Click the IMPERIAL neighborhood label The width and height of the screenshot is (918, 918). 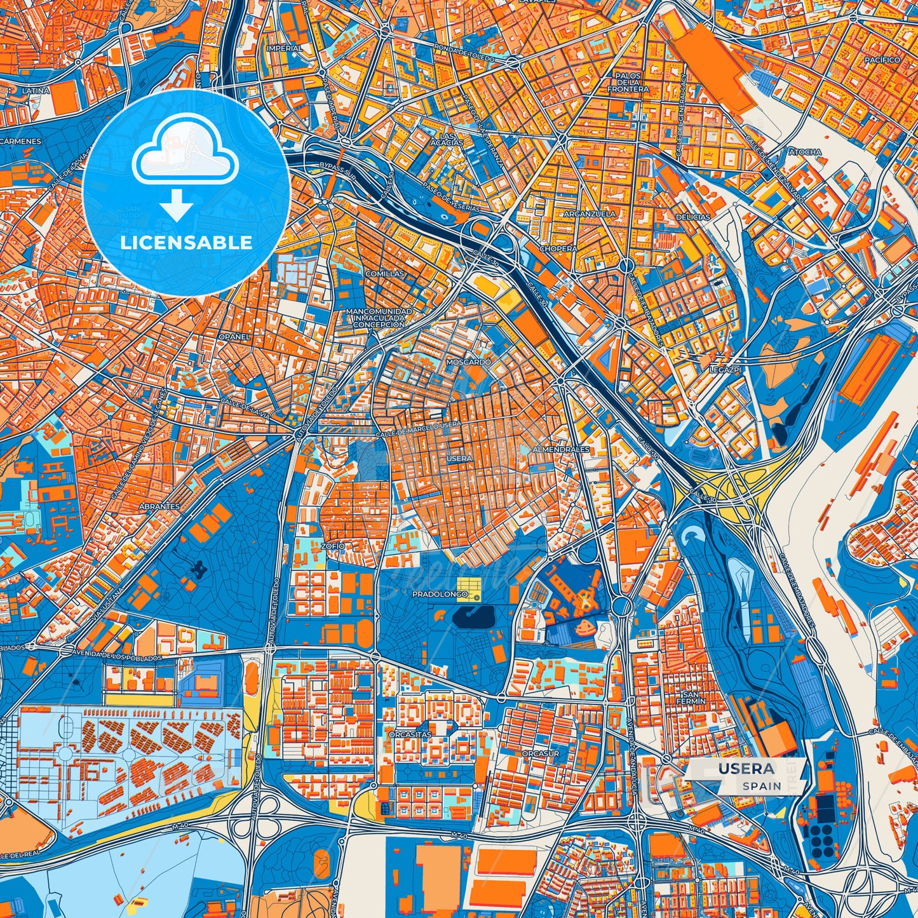pos(284,48)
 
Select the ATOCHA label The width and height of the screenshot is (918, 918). pos(805,152)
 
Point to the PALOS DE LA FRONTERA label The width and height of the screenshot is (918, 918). pos(628,83)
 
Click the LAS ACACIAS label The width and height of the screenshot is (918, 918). pos(451,140)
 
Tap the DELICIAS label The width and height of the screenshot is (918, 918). pos(693,217)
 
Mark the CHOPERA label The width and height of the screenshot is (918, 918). pos(558,249)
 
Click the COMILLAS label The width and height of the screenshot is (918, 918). pos(384,274)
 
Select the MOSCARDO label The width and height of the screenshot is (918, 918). pos(469,361)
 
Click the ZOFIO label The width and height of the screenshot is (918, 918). pos(333,546)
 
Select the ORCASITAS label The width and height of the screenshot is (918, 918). pos(410,734)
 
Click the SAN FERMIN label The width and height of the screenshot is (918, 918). pos(694,698)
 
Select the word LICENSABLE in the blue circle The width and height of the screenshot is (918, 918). pos(186,242)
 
